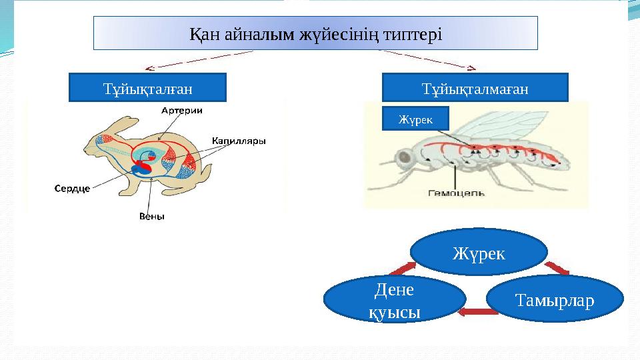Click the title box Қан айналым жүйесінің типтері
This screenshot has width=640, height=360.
click(x=315, y=33)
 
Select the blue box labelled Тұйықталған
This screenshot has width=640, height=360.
click(x=148, y=87)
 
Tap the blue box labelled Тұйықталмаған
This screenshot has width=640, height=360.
click(x=475, y=87)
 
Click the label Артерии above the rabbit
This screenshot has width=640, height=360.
click(x=182, y=111)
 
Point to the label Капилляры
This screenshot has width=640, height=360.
click(x=239, y=141)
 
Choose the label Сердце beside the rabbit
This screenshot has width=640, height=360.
click(x=72, y=188)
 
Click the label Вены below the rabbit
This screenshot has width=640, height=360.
click(x=151, y=216)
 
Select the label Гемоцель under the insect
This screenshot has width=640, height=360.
click(x=456, y=193)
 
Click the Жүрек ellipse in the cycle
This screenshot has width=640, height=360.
click(x=479, y=253)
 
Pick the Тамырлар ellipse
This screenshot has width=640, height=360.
click(x=554, y=299)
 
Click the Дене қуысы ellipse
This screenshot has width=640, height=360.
click(x=394, y=299)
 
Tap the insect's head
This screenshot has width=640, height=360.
click(x=404, y=159)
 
